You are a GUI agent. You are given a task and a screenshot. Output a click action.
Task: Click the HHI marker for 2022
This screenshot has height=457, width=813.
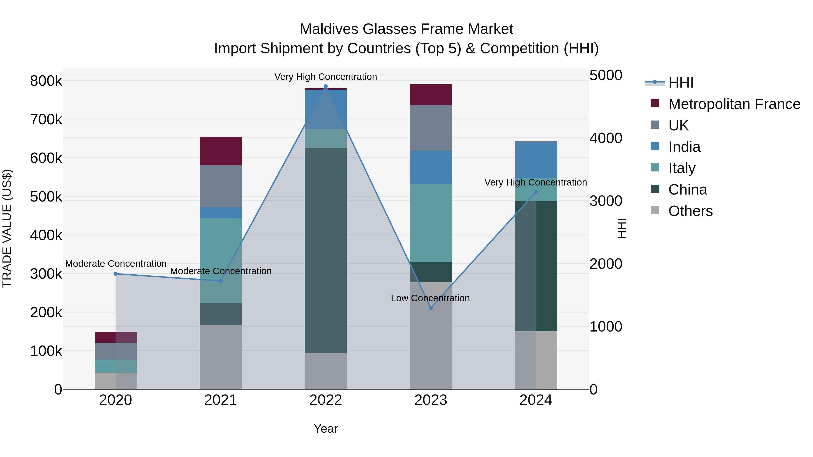(326, 86)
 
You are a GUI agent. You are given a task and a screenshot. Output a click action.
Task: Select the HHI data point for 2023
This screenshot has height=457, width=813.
(431, 308)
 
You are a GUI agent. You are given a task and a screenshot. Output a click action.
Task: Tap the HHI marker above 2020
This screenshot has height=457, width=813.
(115, 274)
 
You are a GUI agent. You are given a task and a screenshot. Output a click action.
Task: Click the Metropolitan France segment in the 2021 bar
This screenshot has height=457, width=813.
(221, 151)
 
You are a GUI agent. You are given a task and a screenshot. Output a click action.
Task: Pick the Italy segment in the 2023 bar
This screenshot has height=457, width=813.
(431, 223)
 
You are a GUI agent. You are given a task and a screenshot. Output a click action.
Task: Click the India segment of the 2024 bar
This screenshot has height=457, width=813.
(536, 160)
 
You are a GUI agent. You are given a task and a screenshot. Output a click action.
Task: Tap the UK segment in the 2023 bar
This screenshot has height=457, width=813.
(431, 128)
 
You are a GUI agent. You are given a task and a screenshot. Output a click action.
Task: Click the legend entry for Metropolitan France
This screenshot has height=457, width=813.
(734, 104)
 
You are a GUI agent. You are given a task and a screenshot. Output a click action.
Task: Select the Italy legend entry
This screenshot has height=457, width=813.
(682, 168)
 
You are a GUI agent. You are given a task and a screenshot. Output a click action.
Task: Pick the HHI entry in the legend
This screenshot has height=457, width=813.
(681, 83)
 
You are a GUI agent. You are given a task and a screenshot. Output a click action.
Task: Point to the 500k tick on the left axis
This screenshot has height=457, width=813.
(46, 197)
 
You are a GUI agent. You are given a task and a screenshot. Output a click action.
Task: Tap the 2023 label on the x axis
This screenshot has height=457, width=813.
(431, 400)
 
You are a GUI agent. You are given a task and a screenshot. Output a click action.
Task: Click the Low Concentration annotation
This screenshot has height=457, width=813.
(430, 298)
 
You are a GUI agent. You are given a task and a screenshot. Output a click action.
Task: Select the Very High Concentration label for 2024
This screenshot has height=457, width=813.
(536, 182)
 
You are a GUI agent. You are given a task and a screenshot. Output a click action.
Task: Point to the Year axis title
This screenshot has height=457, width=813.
(326, 429)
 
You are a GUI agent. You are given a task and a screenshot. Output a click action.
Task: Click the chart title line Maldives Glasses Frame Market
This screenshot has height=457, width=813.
(406, 29)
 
